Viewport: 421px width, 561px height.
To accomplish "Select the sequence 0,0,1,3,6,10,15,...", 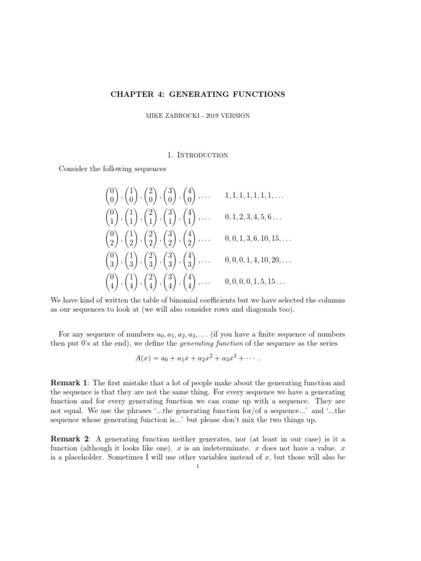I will [258, 239].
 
